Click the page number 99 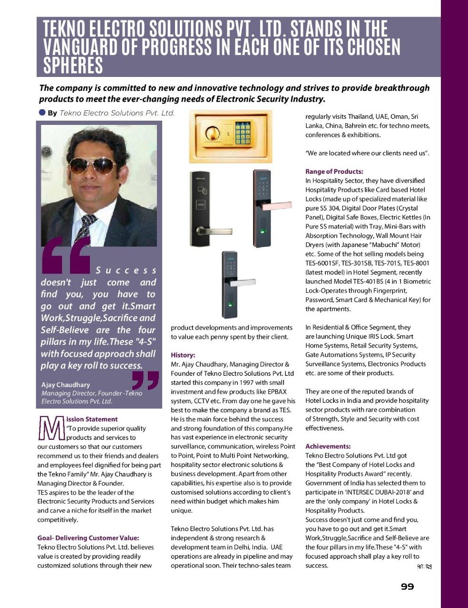pyautogui.click(x=407, y=587)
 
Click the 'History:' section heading pyautogui.click(x=183, y=355)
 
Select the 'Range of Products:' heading pyautogui.click(x=334, y=171)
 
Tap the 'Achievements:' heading pyautogui.click(x=328, y=446)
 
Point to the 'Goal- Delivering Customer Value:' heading pyautogui.click(x=88, y=538)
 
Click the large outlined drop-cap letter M pyautogui.click(x=50, y=427)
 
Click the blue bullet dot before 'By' pyautogui.click(x=42, y=113)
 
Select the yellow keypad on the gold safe pyautogui.click(x=243, y=133)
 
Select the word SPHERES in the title pyautogui.click(x=73, y=66)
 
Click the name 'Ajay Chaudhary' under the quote pyautogui.click(x=66, y=385)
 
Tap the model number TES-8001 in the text pyautogui.click(x=416, y=263)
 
